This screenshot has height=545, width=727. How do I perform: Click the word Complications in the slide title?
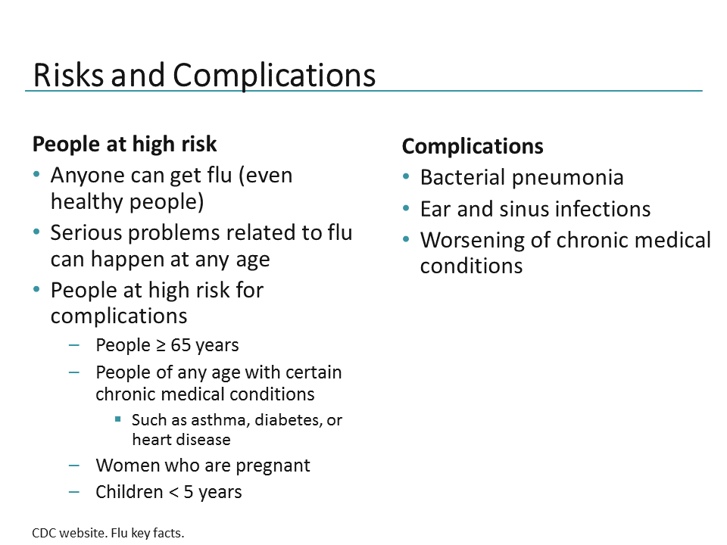[274, 76]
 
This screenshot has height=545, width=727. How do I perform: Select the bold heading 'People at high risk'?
[125, 144]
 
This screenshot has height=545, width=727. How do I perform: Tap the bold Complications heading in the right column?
[473, 146]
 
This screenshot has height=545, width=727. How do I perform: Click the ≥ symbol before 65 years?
[161, 346]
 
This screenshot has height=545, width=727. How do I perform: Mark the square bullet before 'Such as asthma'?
[118, 419]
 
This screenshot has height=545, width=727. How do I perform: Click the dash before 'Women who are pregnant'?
[73, 464]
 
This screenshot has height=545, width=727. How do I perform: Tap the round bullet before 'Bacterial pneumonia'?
[407, 177]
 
